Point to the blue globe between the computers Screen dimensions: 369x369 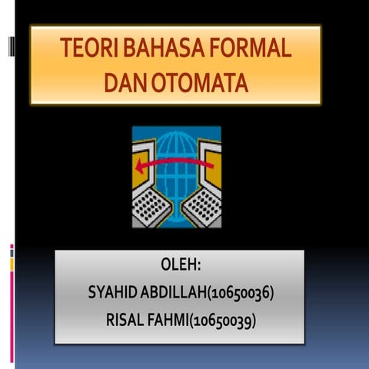(x=176, y=154)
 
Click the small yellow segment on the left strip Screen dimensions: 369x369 (x=12, y=264)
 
